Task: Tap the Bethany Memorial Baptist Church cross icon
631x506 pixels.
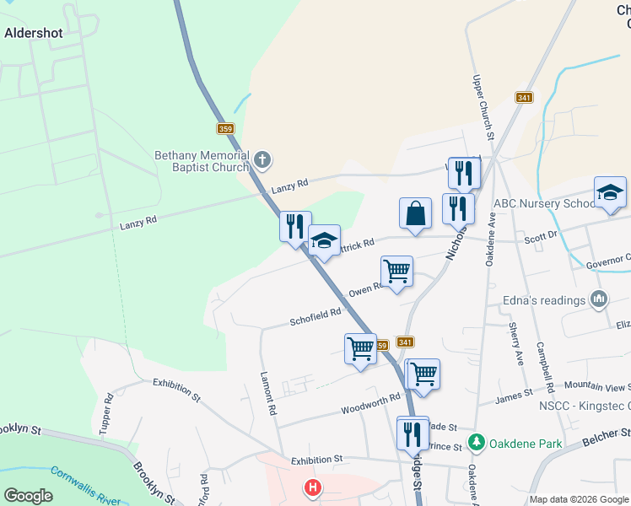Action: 262,159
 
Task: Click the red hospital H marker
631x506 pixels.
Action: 313,487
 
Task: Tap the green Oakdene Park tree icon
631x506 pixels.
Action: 477,441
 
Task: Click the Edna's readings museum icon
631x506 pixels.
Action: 600,299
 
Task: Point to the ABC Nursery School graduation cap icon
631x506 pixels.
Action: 610,192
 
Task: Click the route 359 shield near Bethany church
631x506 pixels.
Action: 224,128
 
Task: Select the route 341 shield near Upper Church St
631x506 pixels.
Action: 525,97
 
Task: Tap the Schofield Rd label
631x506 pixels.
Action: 315,316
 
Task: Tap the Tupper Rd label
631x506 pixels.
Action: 106,413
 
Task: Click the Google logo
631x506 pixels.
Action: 28,495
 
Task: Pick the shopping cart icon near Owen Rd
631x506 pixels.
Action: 396,272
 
